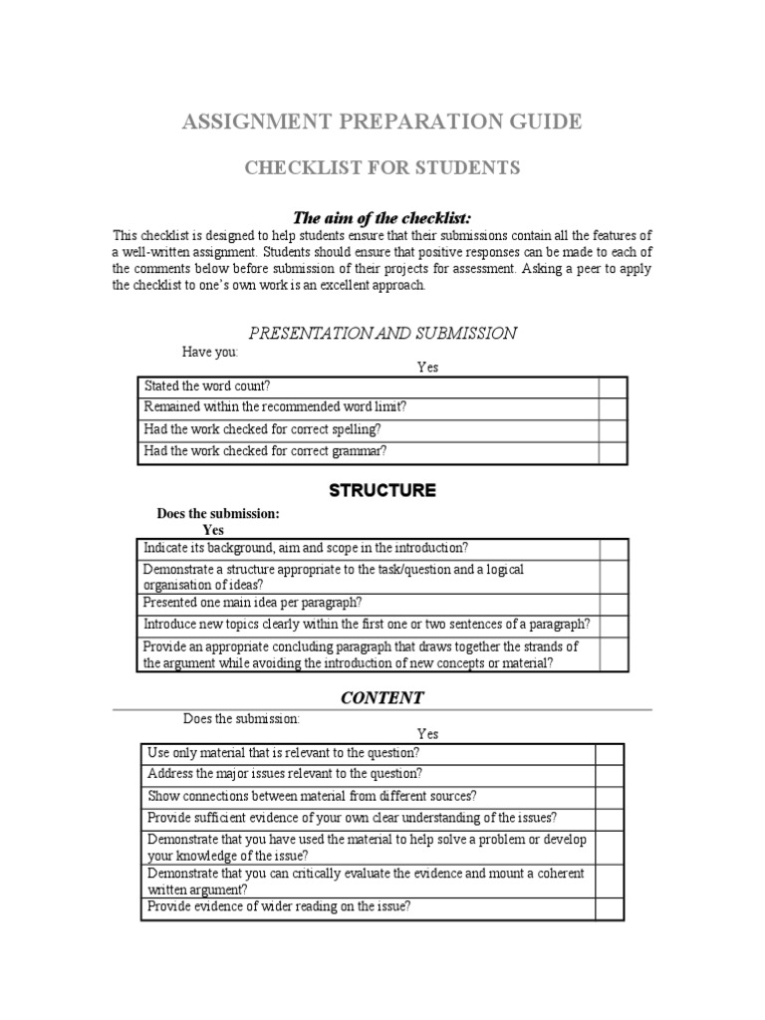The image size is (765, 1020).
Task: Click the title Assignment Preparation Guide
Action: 380,123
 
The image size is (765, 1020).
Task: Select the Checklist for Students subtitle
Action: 382,167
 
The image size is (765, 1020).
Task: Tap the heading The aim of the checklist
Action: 382,217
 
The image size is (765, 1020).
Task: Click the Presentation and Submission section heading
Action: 382,333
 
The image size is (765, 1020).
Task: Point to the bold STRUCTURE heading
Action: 382,490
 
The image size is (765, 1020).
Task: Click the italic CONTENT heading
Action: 382,697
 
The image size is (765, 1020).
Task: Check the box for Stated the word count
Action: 613,386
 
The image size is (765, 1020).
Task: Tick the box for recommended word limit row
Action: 613,408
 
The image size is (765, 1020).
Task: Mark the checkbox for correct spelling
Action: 613,430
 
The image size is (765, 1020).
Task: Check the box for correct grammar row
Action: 613,452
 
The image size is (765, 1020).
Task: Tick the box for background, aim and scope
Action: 613,549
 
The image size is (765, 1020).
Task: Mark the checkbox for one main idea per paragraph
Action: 613,604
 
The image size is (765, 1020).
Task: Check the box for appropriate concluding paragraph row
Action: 613,654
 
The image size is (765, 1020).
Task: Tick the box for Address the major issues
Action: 610,775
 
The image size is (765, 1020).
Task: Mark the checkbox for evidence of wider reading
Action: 610,907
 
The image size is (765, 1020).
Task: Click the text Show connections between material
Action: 312,796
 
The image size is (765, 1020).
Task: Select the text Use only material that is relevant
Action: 283,753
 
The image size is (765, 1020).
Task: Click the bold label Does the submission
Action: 218,514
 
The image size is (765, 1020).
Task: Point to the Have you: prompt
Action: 210,353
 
